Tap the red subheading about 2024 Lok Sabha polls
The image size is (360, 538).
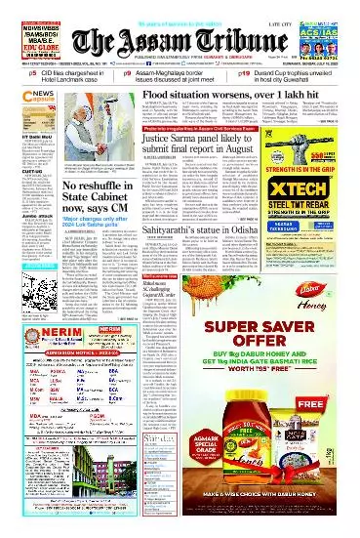pyautogui.click(x=93, y=250)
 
